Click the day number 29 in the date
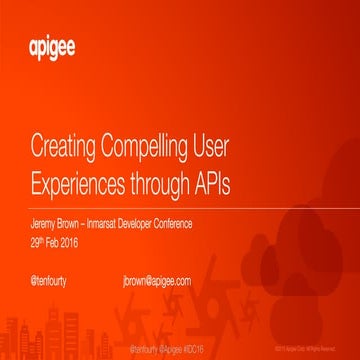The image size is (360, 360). coord(34,241)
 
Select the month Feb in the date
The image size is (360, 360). coord(53,241)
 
